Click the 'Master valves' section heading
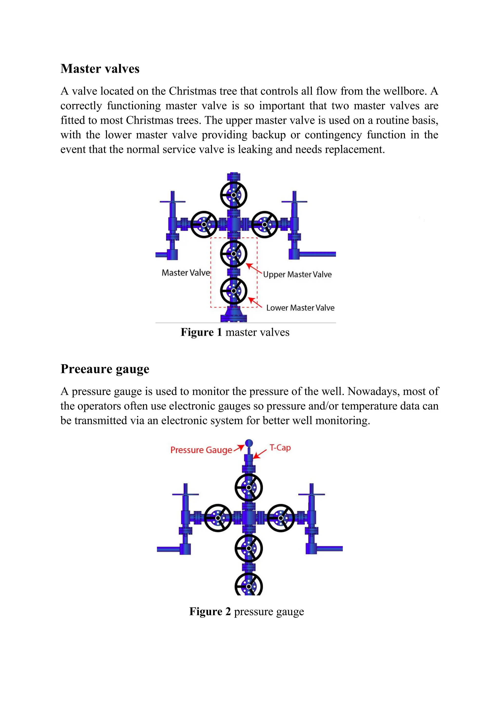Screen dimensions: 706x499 (x=100, y=69)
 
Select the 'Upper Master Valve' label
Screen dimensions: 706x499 (x=297, y=274)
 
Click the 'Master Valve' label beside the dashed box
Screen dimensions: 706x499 (x=186, y=273)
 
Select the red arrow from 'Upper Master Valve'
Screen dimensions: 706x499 (x=254, y=268)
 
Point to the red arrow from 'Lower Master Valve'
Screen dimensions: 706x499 (x=255, y=302)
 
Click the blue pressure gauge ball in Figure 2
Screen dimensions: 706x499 (x=249, y=443)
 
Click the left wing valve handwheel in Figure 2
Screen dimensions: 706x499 (x=218, y=518)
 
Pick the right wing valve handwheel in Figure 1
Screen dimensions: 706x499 (x=265, y=225)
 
